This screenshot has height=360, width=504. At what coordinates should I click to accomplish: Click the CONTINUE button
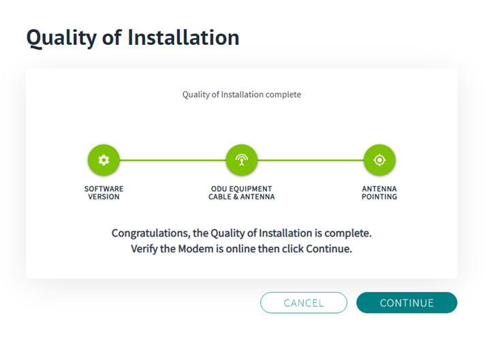[x=407, y=303]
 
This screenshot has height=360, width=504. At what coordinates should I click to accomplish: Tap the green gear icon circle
[x=104, y=160]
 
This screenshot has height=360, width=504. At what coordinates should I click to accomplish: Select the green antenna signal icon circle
[x=242, y=160]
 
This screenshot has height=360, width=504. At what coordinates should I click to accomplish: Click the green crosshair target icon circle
[x=379, y=160]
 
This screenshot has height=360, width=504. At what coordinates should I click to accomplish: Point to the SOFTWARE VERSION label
[x=104, y=193]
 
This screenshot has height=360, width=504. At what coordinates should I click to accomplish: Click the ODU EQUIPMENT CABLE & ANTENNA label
[x=242, y=193]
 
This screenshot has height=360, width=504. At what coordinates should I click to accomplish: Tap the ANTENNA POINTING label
[x=379, y=193]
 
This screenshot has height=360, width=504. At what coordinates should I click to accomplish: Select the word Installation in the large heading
[x=183, y=37]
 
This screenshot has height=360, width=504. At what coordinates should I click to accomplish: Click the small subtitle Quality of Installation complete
[x=242, y=95]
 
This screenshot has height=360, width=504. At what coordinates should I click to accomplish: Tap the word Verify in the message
[x=144, y=249]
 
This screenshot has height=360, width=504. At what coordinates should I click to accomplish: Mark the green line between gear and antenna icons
[x=173, y=160]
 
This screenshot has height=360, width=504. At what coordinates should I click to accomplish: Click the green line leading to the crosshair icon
[x=311, y=160]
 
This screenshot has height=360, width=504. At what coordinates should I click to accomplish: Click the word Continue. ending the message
[x=329, y=249]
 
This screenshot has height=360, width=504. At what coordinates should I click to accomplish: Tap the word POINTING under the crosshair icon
[x=379, y=197]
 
